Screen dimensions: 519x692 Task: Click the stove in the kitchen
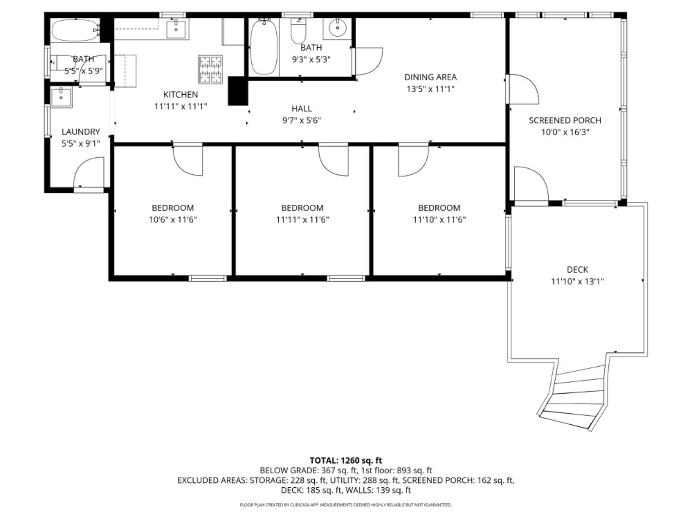[210, 70]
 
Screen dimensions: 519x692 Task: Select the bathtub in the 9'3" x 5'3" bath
[264, 47]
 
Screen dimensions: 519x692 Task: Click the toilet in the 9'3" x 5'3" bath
[298, 31]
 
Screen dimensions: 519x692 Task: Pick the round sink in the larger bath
[338, 28]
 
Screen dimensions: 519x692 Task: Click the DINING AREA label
[430, 77]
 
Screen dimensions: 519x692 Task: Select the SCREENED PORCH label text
[565, 121]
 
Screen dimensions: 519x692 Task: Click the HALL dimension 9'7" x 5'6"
[301, 121]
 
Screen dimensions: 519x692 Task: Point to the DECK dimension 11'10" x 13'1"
[577, 282]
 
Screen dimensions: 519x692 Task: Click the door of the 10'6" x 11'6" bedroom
[187, 160]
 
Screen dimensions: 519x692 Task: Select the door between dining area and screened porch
[523, 89]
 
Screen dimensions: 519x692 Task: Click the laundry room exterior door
[89, 174]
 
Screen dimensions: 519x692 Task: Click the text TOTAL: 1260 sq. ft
[346, 460]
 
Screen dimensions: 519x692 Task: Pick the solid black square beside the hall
[237, 91]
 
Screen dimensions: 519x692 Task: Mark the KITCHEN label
[180, 95]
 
